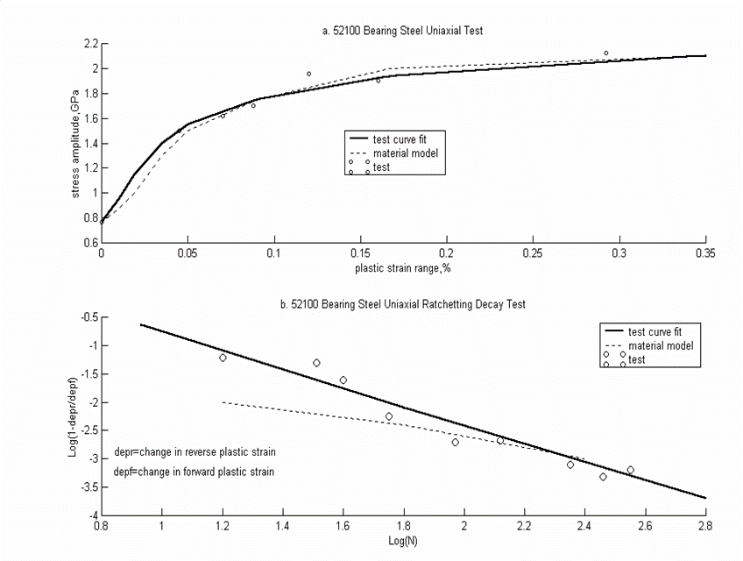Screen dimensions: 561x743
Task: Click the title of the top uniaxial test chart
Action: pyautogui.click(x=402, y=31)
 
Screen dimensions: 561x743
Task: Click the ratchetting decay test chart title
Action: pyautogui.click(x=402, y=304)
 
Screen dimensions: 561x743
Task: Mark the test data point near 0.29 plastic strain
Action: pyautogui.click(x=605, y=53)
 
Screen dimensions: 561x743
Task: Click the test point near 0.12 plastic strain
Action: pyautogui.click(x=308, y=74)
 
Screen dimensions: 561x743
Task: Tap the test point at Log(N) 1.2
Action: pyautogui.click(x=223, y=358)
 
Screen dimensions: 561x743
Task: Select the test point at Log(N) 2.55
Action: pyautogui.click(x=630, y=470)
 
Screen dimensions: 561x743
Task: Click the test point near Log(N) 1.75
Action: pyautogui.click(x=389, y=416)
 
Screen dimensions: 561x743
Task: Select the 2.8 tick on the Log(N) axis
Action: pyautogui.click(x=704, y=528)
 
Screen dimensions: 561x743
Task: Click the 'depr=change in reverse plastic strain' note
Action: pyautogui.click(x=195, y=453)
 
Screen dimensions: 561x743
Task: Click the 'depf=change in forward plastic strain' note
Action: pyautogui.click(x=195, y=472)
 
